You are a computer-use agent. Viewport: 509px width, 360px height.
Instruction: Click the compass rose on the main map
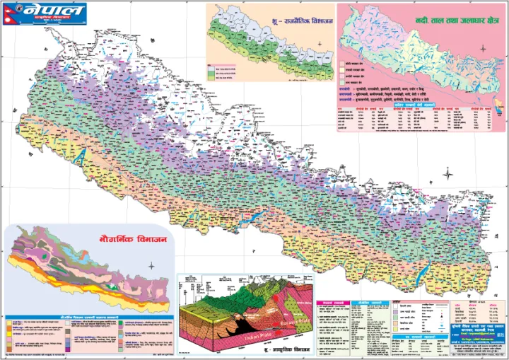[x=449, y=173]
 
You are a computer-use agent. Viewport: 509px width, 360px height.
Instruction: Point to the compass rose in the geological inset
[x=151, y=266]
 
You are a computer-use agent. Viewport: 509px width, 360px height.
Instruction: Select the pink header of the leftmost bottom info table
[x=332, y=303]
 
